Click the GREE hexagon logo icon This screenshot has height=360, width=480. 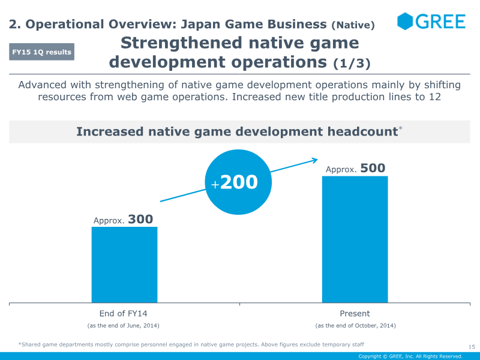[406, 22]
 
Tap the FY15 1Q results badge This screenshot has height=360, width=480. [41, 52]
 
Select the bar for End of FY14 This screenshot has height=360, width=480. [124, 265]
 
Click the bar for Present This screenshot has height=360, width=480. [355, 239]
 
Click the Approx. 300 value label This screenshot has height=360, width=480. [124, 220]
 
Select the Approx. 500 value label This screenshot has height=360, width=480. [355, 169]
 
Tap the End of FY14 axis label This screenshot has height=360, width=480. [124, 314]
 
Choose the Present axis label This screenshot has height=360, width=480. [355, 314]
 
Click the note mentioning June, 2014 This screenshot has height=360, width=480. [124, 325]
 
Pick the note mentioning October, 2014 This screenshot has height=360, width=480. [355, 325]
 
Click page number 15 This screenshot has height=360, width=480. [471, 346]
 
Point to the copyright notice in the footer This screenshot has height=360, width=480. [410, 356]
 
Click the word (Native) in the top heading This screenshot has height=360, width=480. [353, 25]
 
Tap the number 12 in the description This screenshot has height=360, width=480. [435, 97]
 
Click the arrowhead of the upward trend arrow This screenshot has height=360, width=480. [314, 160]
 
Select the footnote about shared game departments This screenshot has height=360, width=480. [191, 344]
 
